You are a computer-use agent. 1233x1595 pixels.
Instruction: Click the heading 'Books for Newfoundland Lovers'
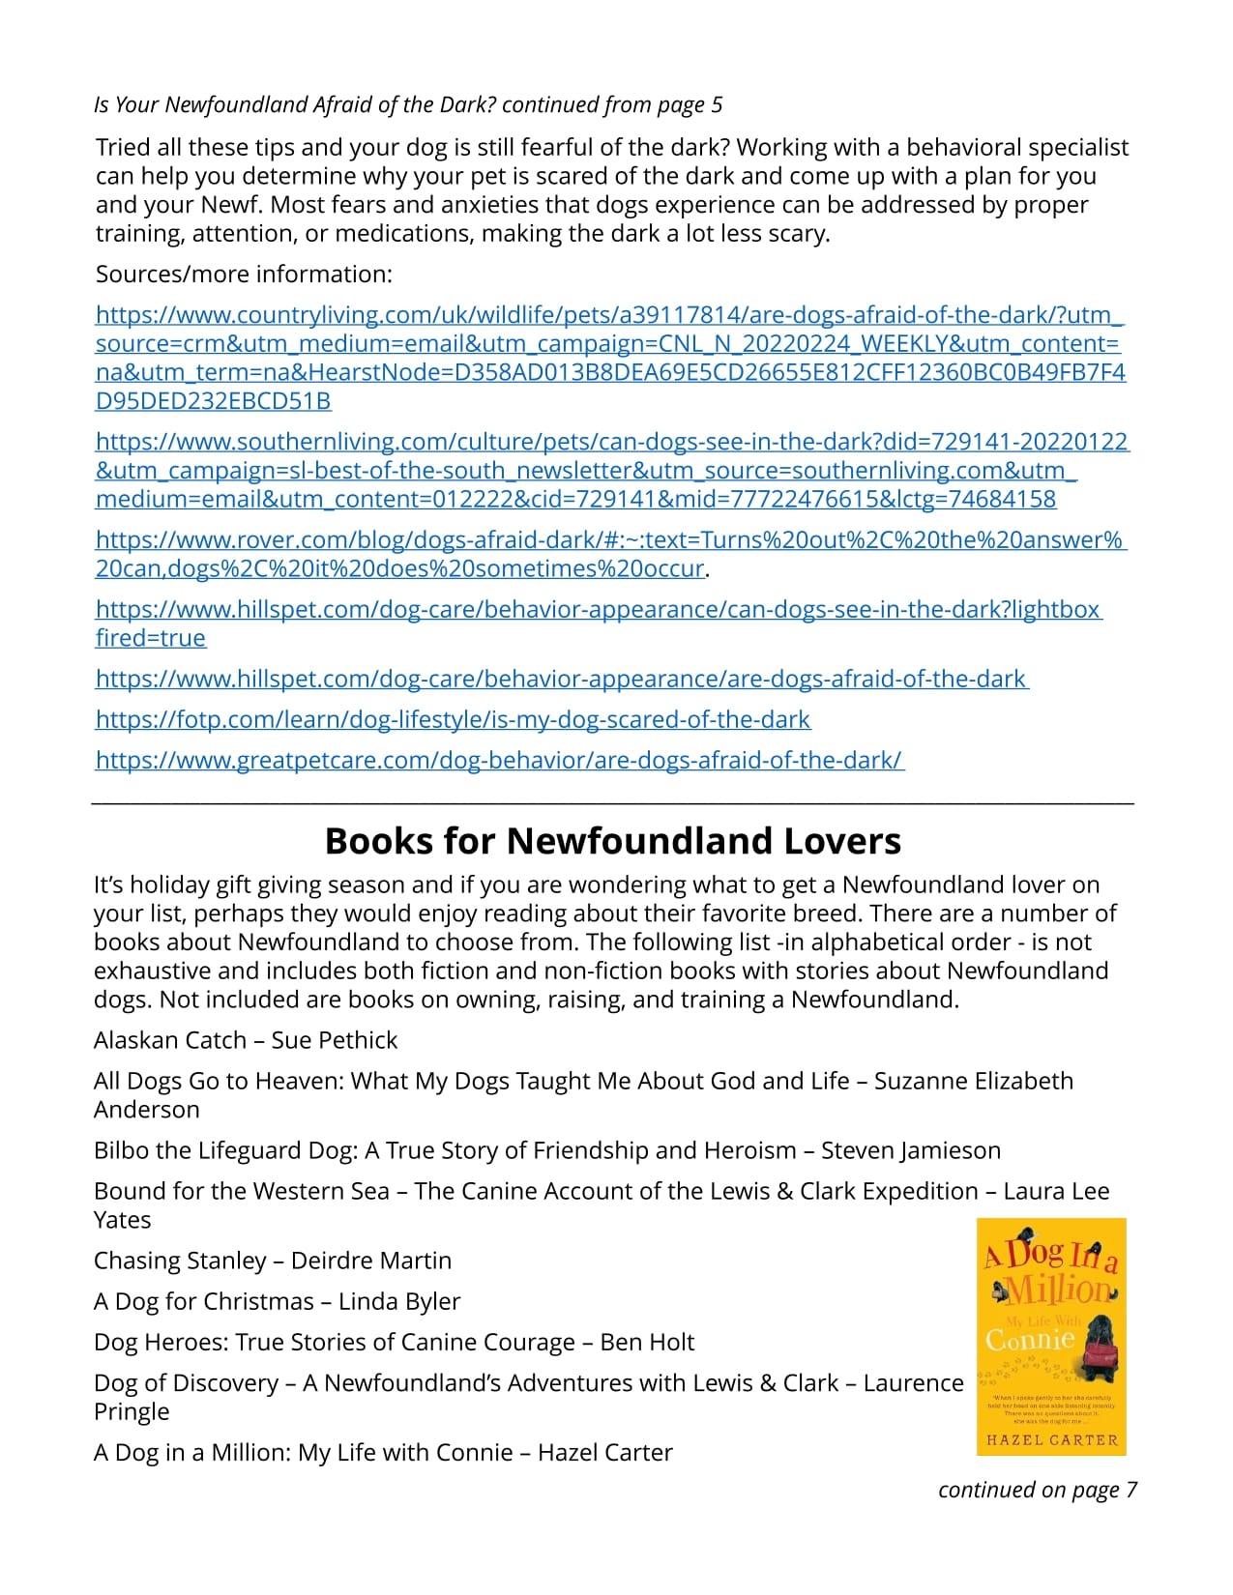[612, 841]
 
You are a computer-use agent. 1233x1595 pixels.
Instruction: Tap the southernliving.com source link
[611, 471]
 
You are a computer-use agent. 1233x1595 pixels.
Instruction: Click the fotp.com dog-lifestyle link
[453, 720]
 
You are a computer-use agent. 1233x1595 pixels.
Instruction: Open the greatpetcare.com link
[499, 761]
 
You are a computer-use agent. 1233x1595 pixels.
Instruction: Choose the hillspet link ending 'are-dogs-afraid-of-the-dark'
[561, 680]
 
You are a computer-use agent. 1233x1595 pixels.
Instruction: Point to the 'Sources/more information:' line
[244, 275]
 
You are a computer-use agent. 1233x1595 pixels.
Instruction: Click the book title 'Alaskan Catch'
[170, 1040]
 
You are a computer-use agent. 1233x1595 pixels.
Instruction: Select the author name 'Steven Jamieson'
[910, 1150]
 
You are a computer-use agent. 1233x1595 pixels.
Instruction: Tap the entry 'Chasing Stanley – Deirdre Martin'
[273, 1261]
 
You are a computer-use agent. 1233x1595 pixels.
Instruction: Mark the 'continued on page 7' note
[1037, 1490]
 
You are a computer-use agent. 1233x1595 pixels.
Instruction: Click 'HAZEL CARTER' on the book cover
[1051, 1439]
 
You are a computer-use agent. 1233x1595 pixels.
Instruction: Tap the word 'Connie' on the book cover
[1029, 1341]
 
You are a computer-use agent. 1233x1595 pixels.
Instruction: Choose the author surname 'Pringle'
[132, 1411]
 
